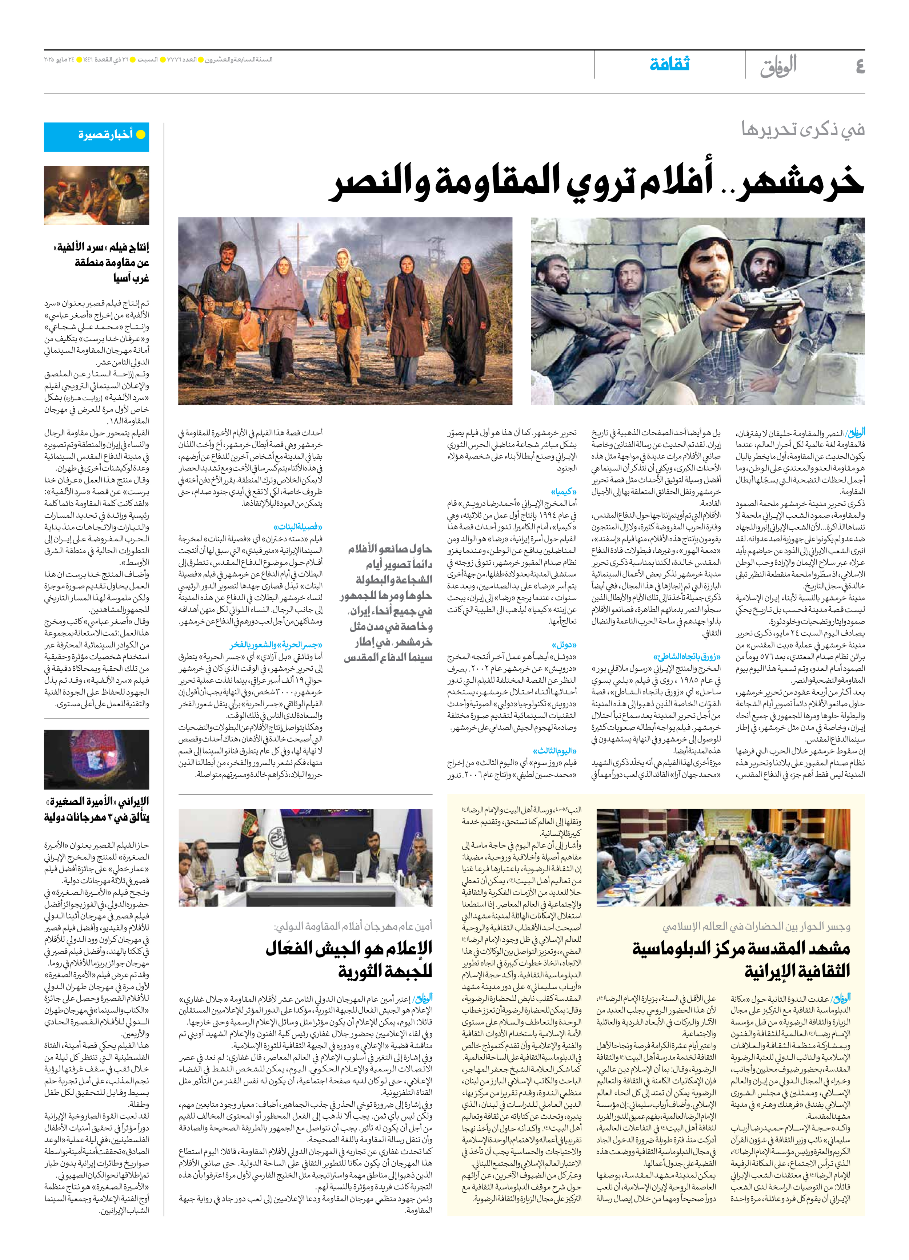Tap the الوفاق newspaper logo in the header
pyautogui.click(x=778, y=66)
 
